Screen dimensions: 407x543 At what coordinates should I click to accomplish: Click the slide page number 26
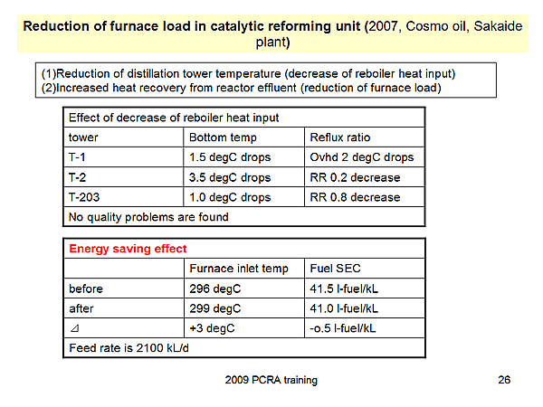tap(504, 380)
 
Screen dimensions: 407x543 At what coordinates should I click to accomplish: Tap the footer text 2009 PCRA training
tap(271, 380)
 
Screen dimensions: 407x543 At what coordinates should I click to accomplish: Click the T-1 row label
tap(79, 157)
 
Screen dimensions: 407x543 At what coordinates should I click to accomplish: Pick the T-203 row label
tap(85, 197)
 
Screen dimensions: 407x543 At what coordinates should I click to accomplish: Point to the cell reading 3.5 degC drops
tap(230, 177)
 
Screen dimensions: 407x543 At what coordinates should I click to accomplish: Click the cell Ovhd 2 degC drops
tap(361, 157)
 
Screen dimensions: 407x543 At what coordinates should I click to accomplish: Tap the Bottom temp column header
tap(223, 137)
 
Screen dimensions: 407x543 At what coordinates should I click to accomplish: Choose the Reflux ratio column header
tap(340, 137)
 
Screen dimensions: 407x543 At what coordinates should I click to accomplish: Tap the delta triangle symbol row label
tap(73, 328)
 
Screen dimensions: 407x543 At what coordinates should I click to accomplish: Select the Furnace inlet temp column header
tap(239, 269)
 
